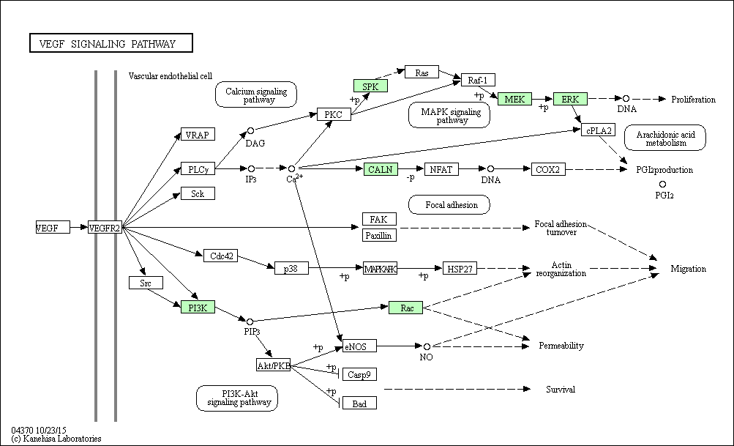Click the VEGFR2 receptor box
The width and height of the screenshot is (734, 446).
coord(105,228)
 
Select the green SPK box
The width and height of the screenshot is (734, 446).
coord(370,86)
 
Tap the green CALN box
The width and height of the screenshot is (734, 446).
coord(381,169)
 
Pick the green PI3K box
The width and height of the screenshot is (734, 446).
coord(198,308)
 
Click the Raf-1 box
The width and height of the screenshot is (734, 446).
coord(478,80)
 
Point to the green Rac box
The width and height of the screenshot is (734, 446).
coord(406,308)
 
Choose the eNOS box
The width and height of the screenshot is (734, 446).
coord(359,346)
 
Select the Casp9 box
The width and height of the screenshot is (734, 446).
coord(359,374)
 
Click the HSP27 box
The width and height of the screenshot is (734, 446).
coord(460,269)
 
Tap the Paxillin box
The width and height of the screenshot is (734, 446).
coord(379,235)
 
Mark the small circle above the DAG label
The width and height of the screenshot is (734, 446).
coord(250,130)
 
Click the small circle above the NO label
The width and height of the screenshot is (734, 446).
coord(427,346)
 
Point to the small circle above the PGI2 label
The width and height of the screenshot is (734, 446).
coord(662,185)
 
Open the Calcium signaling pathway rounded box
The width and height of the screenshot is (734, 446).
coord(256,94)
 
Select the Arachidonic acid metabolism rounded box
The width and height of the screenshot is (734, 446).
coord(665,138)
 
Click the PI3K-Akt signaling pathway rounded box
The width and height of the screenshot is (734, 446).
coord(237,398)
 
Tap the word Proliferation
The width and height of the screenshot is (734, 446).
coord(693,100)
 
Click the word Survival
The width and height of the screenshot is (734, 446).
coord(561,390)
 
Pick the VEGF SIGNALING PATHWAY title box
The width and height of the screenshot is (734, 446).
coord(111,42)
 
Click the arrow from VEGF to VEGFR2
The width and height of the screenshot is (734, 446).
coord(79,228)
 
